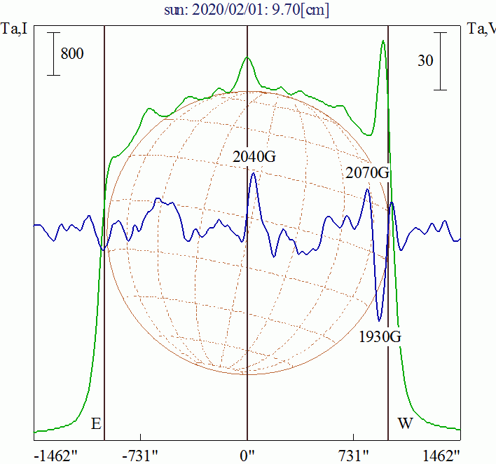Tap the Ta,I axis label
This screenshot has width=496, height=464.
pos(14,29)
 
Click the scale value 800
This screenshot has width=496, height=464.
pos(72,53)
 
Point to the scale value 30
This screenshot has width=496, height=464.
pos(425,61)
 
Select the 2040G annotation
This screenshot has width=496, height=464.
pos(254,157)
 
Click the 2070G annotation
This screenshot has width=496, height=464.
pos(366,172)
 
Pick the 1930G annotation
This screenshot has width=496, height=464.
pos(380,336)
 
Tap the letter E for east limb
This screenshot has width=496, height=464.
pos(97,424)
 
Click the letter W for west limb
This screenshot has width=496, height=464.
pos(405,424)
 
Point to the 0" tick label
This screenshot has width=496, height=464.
pos(247,455)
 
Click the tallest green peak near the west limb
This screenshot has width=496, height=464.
pos(383,41)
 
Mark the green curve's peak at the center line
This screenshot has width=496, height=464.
pos(247,57)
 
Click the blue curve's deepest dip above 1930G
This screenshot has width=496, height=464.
pos(380,320)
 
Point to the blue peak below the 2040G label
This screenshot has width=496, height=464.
pos(253,173)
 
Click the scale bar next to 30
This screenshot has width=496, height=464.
pos(440,61)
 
